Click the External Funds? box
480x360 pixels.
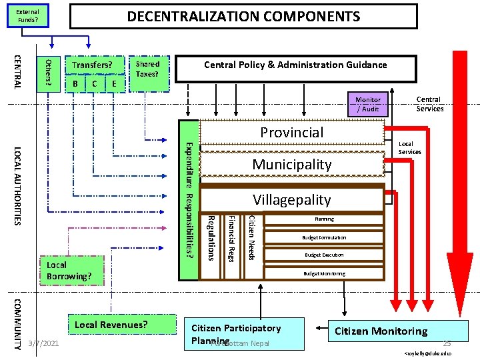(x=28, y=16)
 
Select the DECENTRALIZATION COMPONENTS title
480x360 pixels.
(x=243, y=17)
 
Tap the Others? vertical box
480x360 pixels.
(x=48, y=71)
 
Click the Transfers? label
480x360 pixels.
(x=92, y=65)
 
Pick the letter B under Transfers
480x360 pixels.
(x=76, y=83)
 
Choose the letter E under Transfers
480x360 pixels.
(x=115, y=83)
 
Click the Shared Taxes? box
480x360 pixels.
(x=147, y=69)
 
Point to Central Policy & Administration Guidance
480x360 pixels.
(x=295, y=65)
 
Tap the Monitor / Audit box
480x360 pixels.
(x=368, y=104)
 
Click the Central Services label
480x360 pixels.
(x=429, y=104)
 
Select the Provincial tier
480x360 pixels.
(x=292, y=132)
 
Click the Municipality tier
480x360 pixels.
(x=292, y=164)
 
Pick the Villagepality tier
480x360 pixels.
(x=292, y=199)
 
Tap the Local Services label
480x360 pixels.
(x=409, y=148)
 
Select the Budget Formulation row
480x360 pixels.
(x=324, y=237)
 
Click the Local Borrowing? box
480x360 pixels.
(x=69, y=271)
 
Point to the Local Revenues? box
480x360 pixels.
(x=110, y=325)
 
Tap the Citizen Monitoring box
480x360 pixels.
(x=381, y=331)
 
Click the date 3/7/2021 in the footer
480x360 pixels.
(x=43, y=343)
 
